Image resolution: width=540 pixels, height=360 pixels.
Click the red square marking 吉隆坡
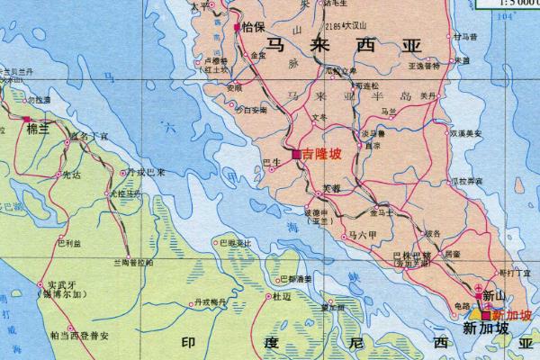tap(296, 155)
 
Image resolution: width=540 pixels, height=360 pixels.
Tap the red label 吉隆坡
tap(321, 155)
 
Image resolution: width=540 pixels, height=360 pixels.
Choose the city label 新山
tap(494, 295)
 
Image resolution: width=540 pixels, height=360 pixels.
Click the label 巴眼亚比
tap(233, 243)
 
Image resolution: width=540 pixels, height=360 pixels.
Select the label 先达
tap(70, 176)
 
